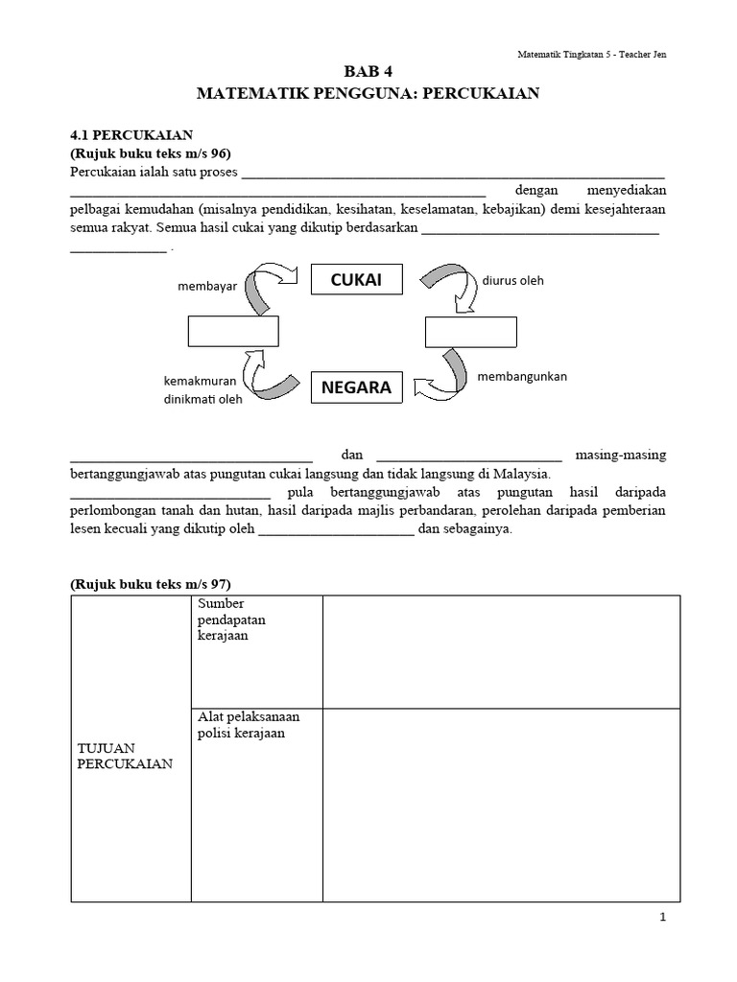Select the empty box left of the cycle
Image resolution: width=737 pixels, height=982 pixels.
[233, 331]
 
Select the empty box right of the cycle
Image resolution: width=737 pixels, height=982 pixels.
[471, 331]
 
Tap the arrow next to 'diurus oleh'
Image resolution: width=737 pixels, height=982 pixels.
[447, 287]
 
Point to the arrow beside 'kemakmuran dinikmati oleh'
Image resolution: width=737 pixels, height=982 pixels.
[270, 377]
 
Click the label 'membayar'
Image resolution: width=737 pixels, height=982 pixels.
[206, 287]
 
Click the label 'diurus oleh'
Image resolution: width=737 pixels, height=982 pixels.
[512, 281]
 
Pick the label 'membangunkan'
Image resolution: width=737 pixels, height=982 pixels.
[522, 376]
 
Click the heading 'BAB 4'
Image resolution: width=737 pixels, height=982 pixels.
[368, 72]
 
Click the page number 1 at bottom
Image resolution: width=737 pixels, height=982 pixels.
[662, 918]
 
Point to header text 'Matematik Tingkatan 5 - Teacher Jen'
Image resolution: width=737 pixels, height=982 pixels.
[590, 54]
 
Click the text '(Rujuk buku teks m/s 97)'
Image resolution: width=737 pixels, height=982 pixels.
[151, 584]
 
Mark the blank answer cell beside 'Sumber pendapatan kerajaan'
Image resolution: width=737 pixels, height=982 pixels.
[501, 651]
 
